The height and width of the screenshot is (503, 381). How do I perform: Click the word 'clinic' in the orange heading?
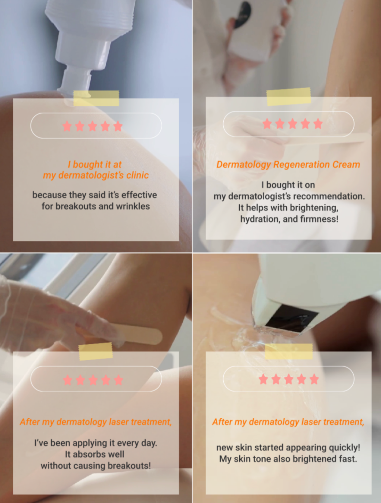[x=138, y=175]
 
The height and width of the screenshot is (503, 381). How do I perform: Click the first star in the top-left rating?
[x=67, y=126]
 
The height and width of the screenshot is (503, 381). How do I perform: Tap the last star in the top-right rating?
[x=318, y=124]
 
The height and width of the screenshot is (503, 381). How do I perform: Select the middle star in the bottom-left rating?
[x=93, y=380]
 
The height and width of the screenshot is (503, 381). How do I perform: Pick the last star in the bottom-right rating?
[x=314, y=379]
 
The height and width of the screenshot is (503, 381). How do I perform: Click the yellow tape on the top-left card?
[x=96, y=98]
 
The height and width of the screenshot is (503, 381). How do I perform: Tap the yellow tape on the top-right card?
[x=289, y=97]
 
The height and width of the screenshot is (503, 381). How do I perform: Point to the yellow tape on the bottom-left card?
[x=96, y=351]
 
